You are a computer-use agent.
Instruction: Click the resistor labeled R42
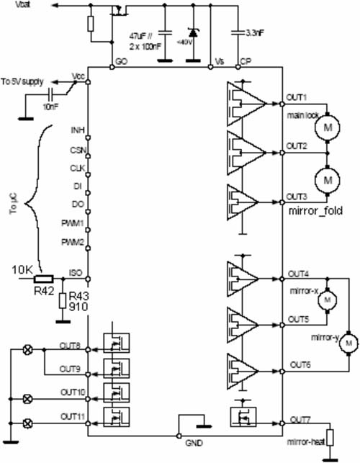(42, 279)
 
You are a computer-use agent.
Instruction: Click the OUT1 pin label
(297, 97)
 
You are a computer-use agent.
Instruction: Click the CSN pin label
(76, 152)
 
